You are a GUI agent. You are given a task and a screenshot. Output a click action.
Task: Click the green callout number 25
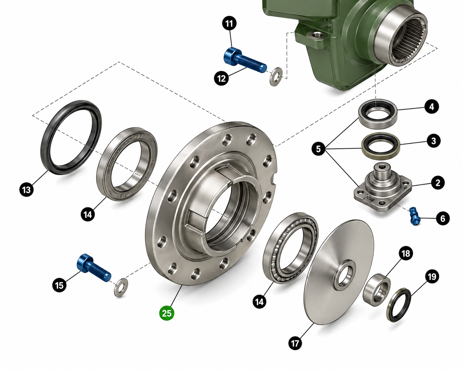click(x=166, y=313)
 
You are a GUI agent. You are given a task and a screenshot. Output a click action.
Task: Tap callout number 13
click(x=26, y=190)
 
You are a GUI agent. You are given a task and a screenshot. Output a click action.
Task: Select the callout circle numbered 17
click(x=295, y=343)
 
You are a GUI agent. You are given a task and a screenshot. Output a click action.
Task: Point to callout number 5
click(x=319, y=149)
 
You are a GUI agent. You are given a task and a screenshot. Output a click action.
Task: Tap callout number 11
click(x=229, y=23)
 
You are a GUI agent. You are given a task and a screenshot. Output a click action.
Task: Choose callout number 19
click(x=432, y=277)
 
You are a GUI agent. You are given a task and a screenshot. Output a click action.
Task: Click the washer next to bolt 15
click(x=121, y=288)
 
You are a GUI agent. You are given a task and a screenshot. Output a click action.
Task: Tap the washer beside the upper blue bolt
click(x=276, y=77)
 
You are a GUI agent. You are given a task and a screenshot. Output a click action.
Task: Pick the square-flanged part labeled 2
click(x=383, y=187)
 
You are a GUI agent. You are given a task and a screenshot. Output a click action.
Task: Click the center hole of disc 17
click(x=344, y=276)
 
